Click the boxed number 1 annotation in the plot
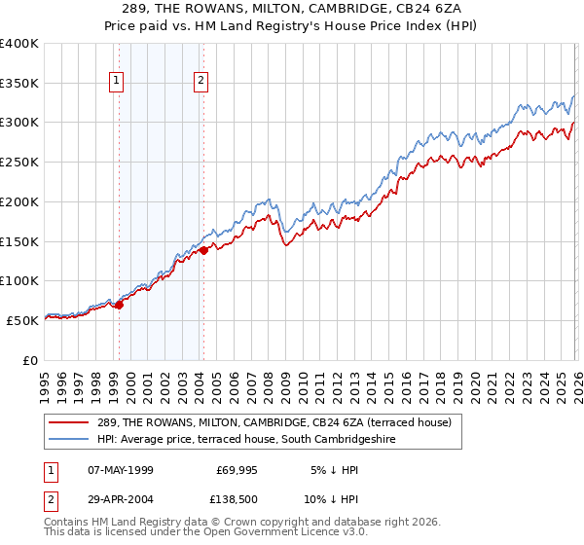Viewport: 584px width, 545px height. pyautogui.click(x=117, y=82)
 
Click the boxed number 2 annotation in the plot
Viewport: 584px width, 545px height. pyautogui.click(x=201, y=82)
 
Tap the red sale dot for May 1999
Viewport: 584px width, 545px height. pyautogui.click(x=119, y=305)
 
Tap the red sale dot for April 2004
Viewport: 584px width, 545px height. pyautogui.click(x=204, y=250)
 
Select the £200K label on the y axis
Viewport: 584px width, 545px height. pyautogui.click(x=19, y=201)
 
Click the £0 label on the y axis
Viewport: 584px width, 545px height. pyautogui.click(x=31, y=359)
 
